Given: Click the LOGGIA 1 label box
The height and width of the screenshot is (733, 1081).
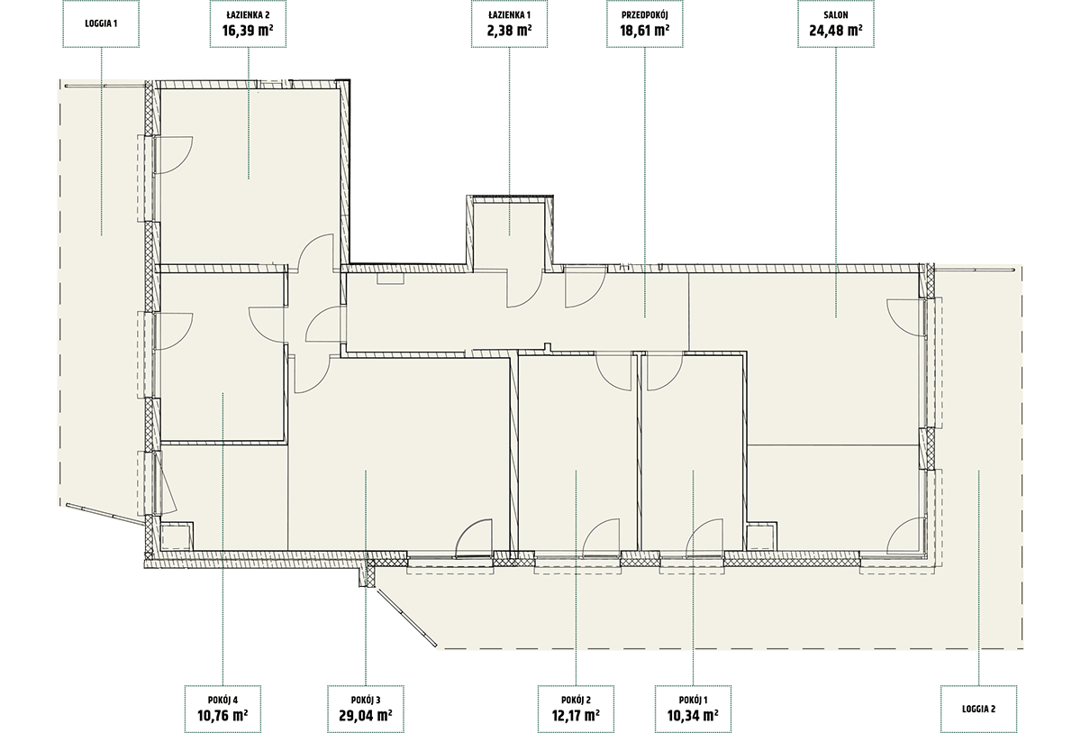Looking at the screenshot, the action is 101,23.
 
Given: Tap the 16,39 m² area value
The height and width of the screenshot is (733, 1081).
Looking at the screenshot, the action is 248,31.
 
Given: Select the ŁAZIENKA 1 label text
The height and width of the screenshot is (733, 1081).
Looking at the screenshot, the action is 509,15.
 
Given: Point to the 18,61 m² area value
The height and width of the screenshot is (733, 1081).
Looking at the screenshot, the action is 645,31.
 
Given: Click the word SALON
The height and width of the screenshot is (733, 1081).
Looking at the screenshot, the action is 835,15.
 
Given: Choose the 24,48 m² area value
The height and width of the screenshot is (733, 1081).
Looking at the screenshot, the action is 836,31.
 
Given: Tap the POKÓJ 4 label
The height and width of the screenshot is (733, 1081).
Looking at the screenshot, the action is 223,700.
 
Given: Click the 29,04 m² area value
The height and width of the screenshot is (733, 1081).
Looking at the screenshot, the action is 366,715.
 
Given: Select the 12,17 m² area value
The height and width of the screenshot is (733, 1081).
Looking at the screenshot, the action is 576,715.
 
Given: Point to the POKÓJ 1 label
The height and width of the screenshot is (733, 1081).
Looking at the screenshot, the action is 693,700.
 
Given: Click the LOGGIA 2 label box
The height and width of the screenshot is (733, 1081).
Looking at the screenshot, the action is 978,709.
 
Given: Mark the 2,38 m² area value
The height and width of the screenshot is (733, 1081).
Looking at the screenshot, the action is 509,31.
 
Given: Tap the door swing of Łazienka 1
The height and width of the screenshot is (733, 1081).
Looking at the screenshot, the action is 529,296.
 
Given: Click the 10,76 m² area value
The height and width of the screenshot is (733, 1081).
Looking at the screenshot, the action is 223,715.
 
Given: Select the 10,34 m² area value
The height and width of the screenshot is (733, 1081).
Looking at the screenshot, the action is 693,715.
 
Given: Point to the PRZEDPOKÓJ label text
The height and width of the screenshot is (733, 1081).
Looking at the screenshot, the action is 645,15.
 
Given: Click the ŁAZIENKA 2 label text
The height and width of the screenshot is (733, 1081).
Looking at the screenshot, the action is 248,15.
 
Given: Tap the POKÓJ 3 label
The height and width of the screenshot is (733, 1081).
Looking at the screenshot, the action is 366,700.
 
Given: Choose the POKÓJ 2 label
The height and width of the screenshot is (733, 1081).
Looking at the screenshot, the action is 576,700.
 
